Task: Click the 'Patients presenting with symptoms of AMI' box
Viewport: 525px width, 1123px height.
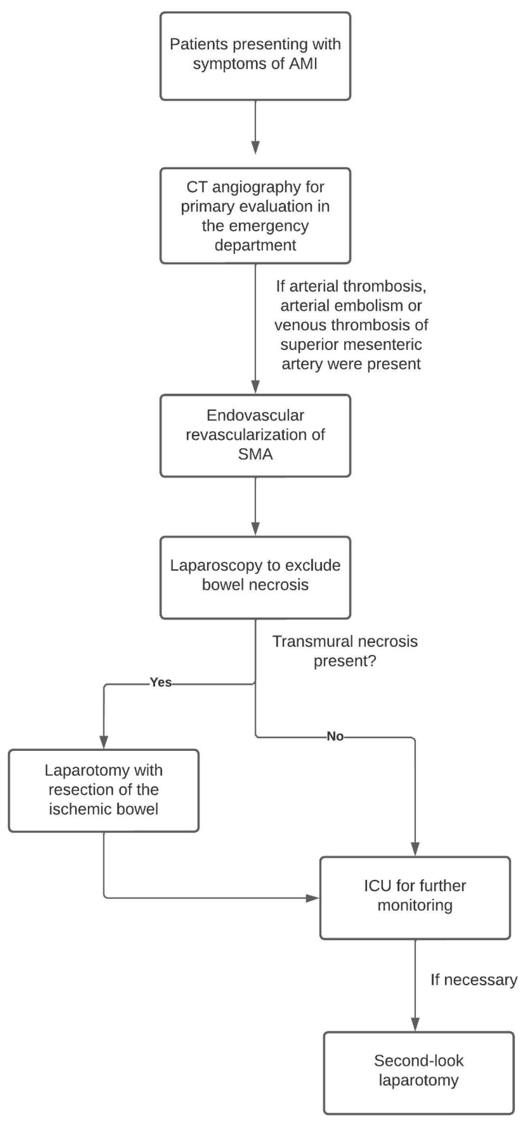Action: tap(255, 56)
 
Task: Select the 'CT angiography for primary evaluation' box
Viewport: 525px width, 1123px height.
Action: tap(255, 216)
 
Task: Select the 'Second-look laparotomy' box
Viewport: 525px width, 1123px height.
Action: tap(419, 1072)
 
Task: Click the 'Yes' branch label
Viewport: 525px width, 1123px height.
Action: tap(161, 682)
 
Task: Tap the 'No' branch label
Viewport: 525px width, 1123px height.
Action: tap(335, 737)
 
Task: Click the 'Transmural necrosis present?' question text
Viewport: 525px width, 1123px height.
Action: tap(345, 651)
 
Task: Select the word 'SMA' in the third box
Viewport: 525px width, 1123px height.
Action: tap(255, 454)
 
